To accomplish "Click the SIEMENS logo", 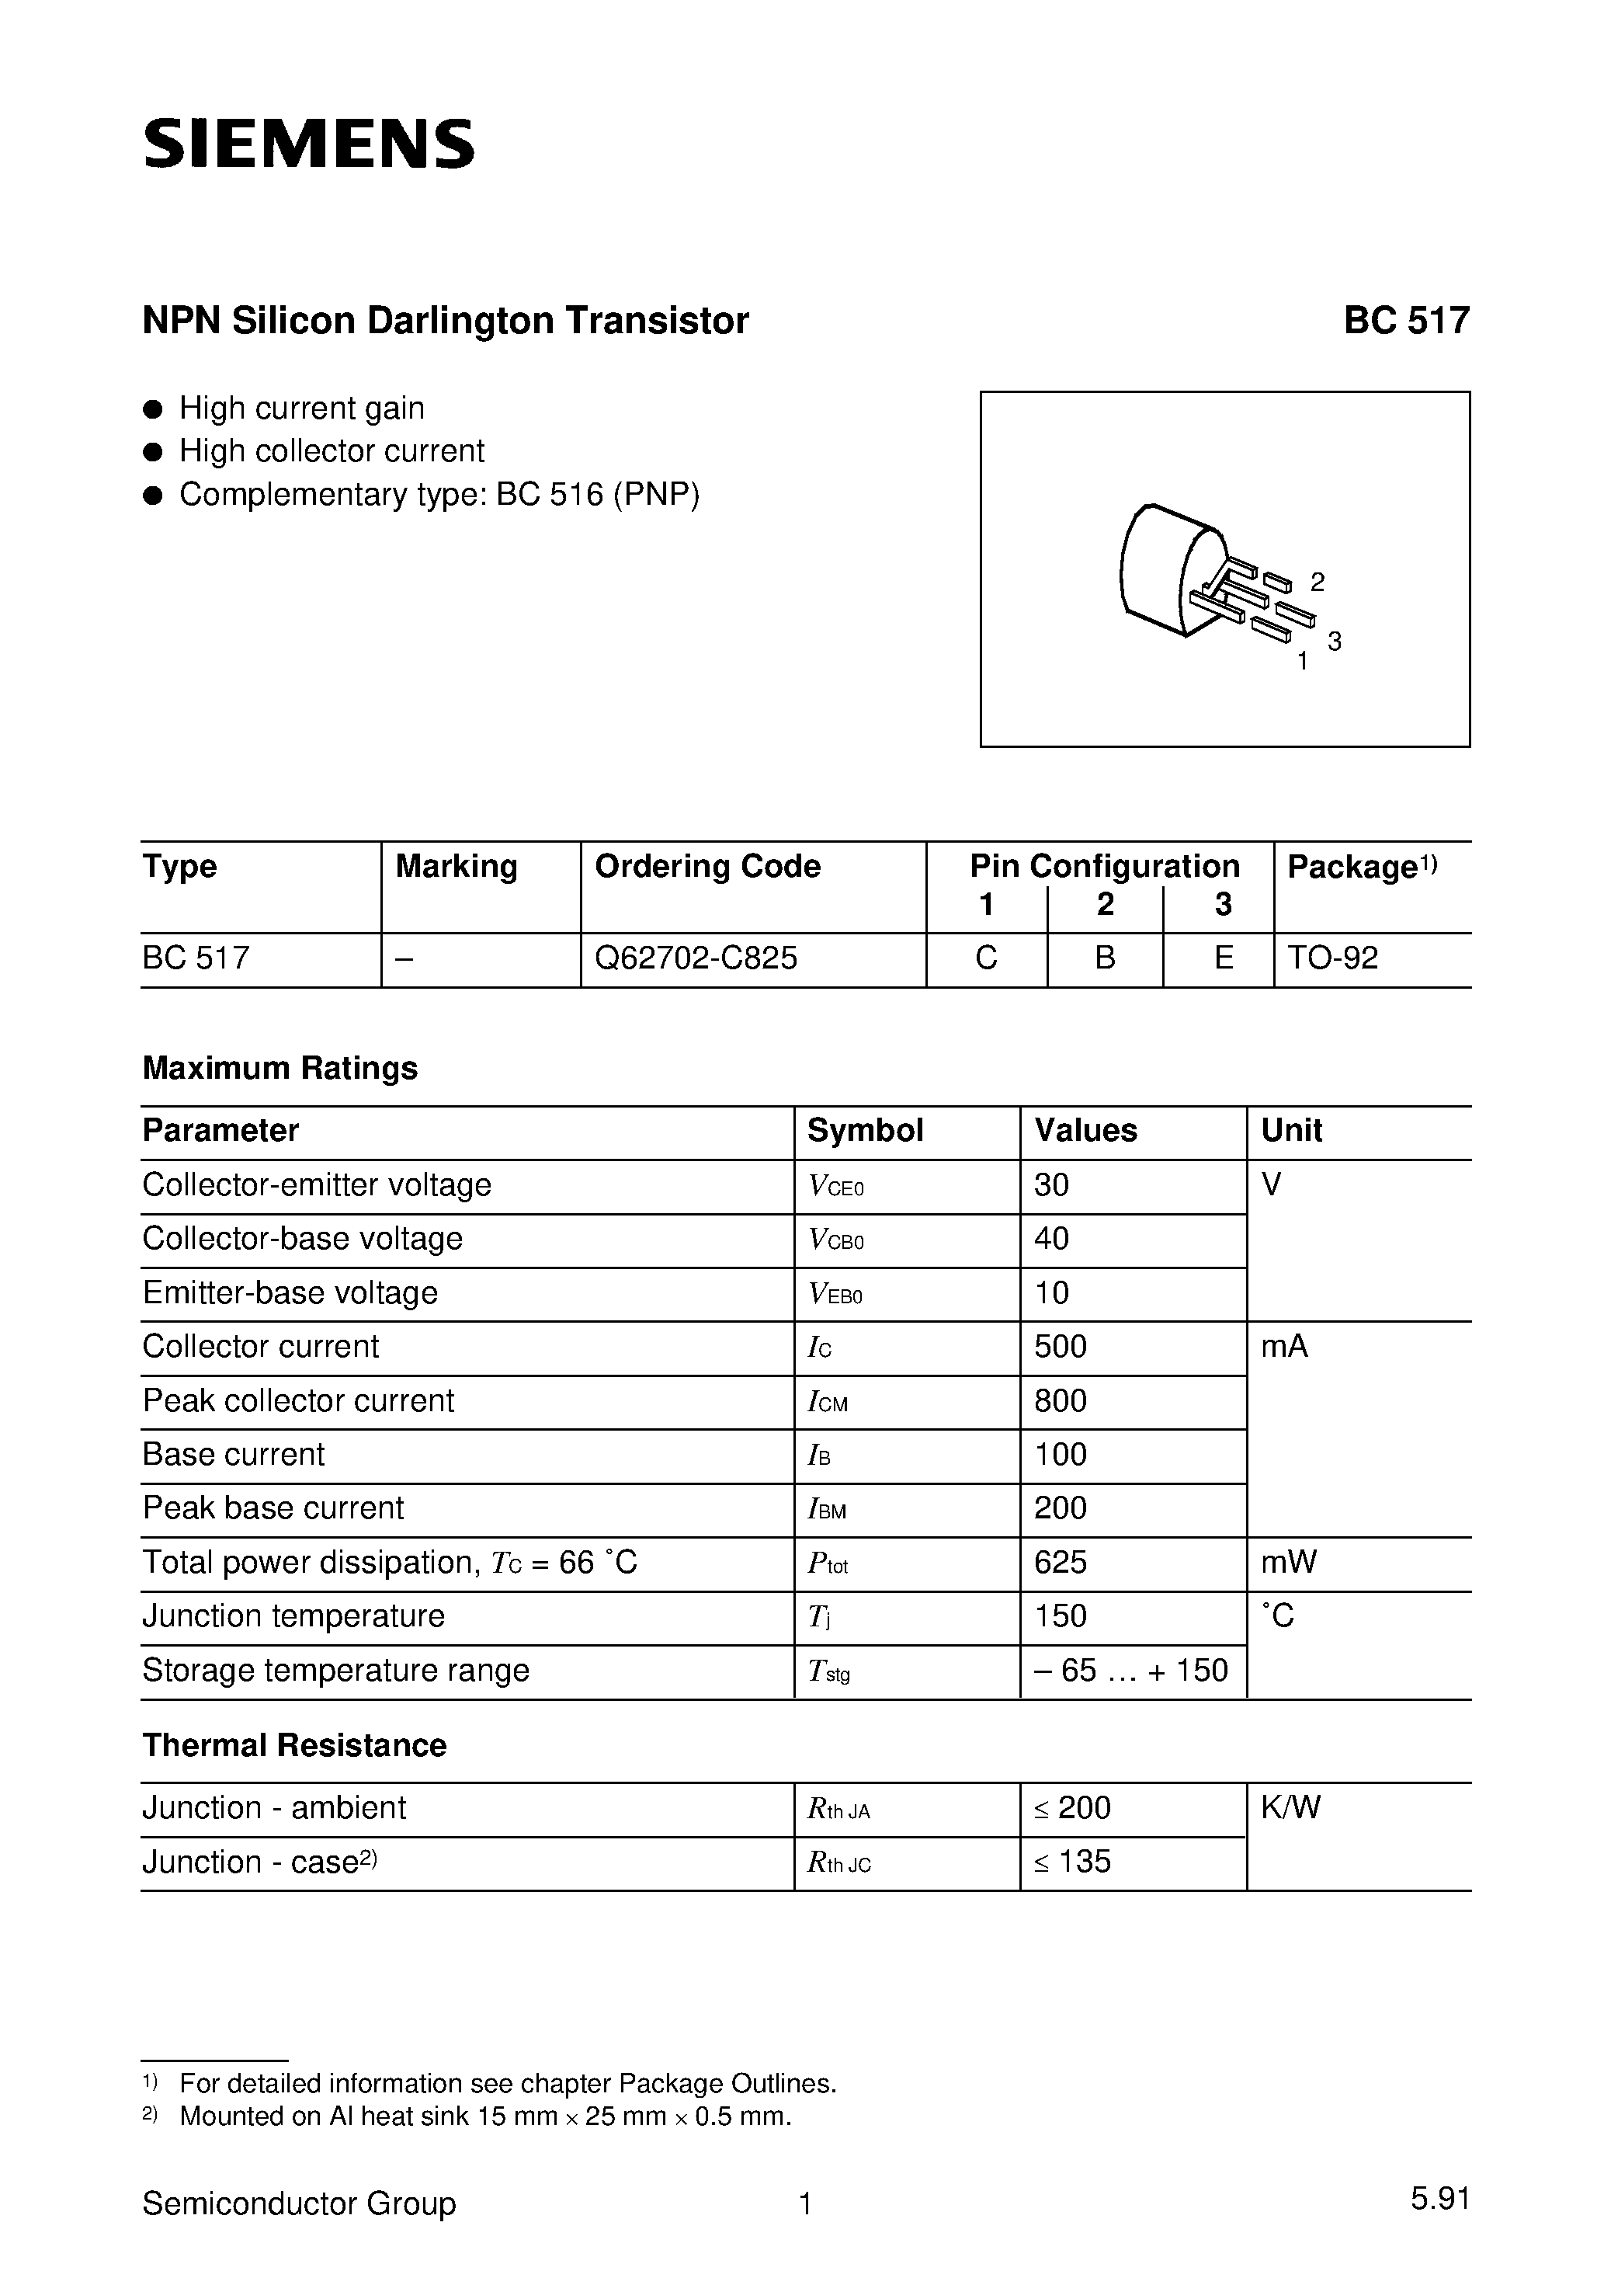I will [x=308, y=144].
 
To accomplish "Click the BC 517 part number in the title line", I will [x=1405, y=321].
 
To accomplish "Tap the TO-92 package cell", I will [x=1332, y=958].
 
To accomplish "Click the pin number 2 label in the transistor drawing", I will [x=1318, y=582].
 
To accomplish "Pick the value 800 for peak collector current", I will [x=1060, y=1400].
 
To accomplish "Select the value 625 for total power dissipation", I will [x=1060, y=1562].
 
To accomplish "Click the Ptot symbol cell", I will [x=828, y=1563].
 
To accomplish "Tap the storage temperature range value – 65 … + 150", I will [x=1130, y=1670].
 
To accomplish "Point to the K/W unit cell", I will [x=1290, y=1807].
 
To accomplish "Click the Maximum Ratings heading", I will [x=279, y=1067].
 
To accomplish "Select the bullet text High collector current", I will [x=332, y=451].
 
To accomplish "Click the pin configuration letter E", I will [x=1224, y=958].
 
